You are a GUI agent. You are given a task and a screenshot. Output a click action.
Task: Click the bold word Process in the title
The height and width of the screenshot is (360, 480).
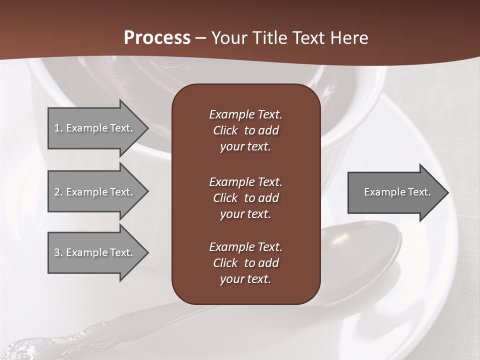(157, 38)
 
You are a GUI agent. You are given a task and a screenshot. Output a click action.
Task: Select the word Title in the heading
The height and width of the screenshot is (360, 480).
(271, 38)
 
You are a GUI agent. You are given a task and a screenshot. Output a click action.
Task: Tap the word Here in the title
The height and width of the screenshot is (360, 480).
(349, 38)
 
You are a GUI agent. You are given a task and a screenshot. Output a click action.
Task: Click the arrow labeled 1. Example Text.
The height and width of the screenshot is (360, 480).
(95, 128)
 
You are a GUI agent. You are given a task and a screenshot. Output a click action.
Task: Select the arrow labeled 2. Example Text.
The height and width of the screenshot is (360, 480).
(95, 192)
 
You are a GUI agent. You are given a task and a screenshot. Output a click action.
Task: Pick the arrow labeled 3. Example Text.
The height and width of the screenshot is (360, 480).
(95, 252)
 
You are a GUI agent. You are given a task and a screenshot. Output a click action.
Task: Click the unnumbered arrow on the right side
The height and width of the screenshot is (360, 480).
(395, 192)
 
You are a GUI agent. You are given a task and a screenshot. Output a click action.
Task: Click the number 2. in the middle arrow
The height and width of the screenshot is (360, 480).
(58, 192)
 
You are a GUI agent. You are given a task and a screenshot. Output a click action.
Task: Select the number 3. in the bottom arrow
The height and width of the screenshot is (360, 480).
(58, 252)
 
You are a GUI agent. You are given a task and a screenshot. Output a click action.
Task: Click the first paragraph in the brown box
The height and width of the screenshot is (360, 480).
(245, 130)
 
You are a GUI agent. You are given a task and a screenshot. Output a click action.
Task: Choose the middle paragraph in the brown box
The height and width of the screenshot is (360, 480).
(245, 198)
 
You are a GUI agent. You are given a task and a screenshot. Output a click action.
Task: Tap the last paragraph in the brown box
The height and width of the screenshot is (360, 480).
(245, 263)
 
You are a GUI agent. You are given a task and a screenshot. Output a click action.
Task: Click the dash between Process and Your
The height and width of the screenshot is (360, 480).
(201, 38)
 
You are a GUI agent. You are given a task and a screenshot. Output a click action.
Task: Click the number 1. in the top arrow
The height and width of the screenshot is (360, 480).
(58, 128)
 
